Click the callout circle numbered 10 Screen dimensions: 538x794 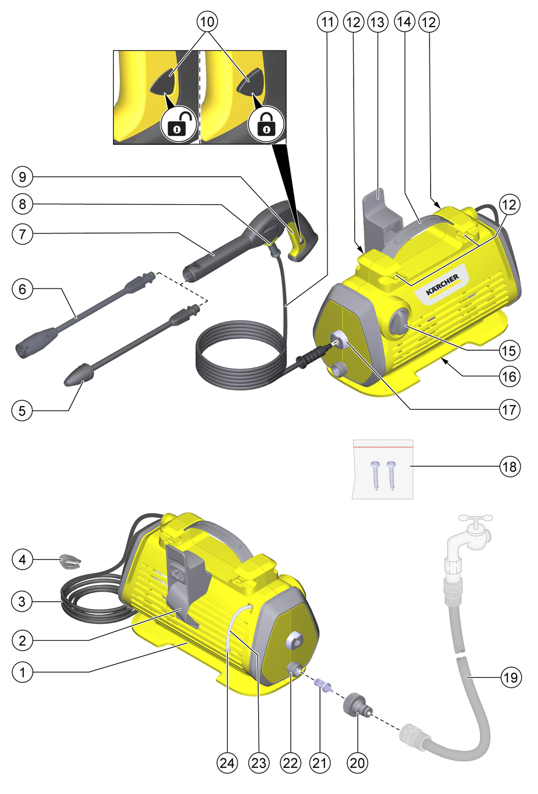(x=207, y=22)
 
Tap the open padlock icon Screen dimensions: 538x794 (x=178, y=124)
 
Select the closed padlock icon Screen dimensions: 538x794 (x=266, y=124)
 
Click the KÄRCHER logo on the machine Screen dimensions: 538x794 (x=443, y=284)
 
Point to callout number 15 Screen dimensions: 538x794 (x=509, y=351)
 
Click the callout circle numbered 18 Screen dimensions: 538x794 (x=510, y=467)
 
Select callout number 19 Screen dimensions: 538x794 (x=511, y=677)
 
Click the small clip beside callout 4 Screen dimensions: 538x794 (x=70, y=561)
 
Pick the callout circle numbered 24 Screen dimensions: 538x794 (x=227, y=763)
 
